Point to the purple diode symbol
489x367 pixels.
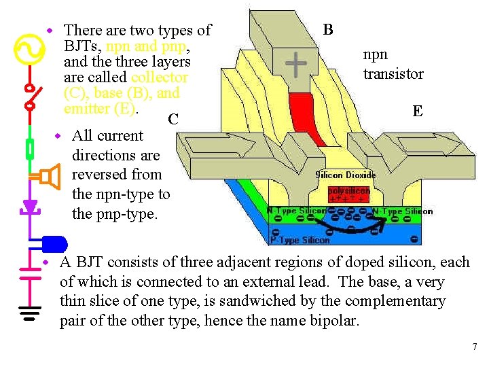tap(29, 205)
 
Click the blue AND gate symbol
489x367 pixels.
tap(54, 243)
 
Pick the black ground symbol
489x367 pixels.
tap(29, 313)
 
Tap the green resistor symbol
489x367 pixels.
tap(29, 147)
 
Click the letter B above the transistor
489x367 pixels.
tap(328, 29)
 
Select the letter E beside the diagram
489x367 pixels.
tap(418, 111)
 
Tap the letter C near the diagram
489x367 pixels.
tap(173, 120)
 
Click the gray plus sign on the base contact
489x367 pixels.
tap(295, 65)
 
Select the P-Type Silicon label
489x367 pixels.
tap(300, 240)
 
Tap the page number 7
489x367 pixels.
tap(475, 347)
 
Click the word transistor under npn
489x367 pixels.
tap(393, 74)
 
